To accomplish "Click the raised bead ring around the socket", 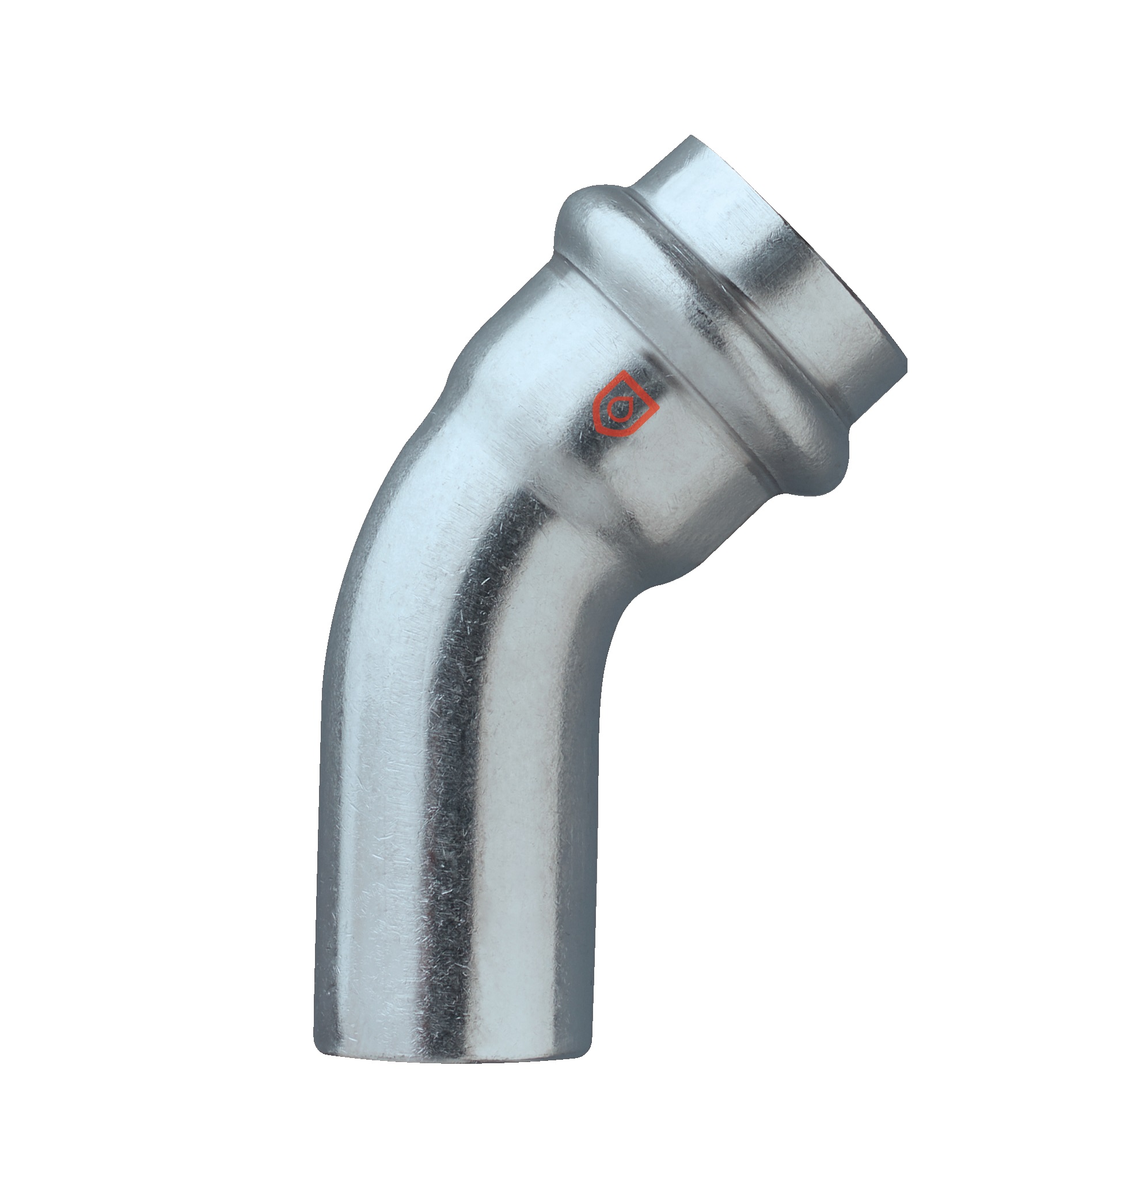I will (702, 342).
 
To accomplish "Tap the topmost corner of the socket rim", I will (691, 137).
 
